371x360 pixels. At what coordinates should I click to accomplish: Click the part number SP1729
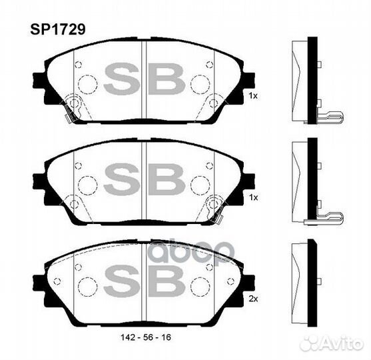tap(56, 29)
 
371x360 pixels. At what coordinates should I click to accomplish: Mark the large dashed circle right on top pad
tap(199, 84)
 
